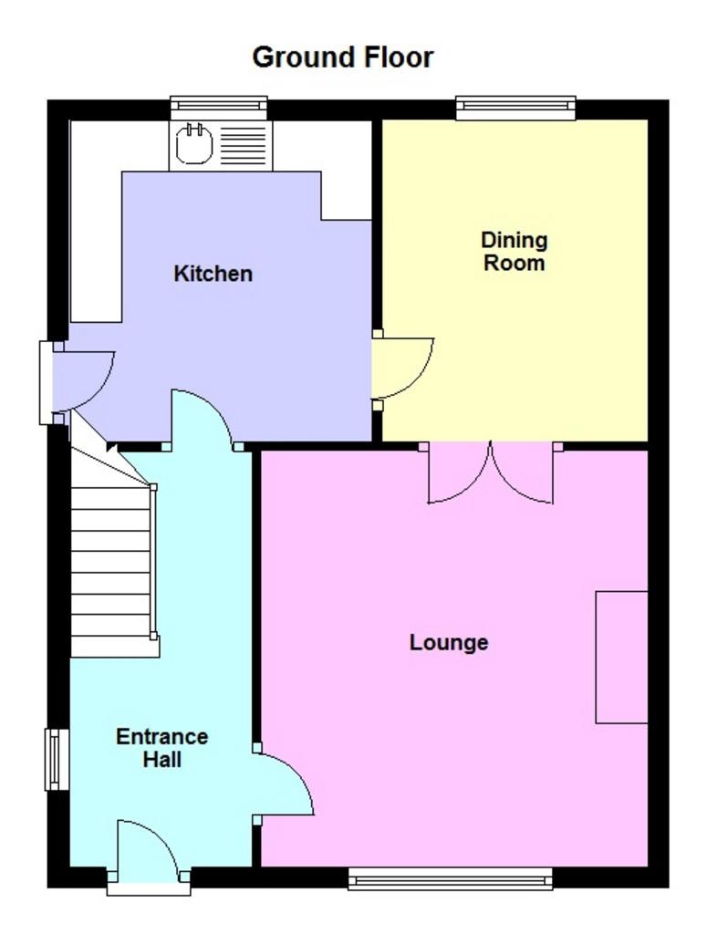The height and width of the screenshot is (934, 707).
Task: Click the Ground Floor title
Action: click(342, 57)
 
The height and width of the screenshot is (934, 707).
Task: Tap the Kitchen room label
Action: click(213, 274)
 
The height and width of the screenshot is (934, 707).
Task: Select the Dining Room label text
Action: click(514, 252)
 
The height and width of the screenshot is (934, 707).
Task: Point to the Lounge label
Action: click(449, 643)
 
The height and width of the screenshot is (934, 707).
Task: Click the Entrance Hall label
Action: click(162, 748)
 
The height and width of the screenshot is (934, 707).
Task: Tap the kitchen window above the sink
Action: click(219, 108)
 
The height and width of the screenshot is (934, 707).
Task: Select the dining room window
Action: click(515, 108)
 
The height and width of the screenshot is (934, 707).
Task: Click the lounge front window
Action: click(451, 878)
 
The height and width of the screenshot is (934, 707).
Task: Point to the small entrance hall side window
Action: click(57, 760)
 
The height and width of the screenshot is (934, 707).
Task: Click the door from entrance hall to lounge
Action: click(283, 784)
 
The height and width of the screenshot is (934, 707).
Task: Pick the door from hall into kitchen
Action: click(202, 418)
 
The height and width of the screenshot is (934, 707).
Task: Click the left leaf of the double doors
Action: click(459, 472)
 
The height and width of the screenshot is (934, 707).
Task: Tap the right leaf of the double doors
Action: click(522, 472)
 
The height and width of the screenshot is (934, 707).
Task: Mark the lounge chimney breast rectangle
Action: click(622, 658)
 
